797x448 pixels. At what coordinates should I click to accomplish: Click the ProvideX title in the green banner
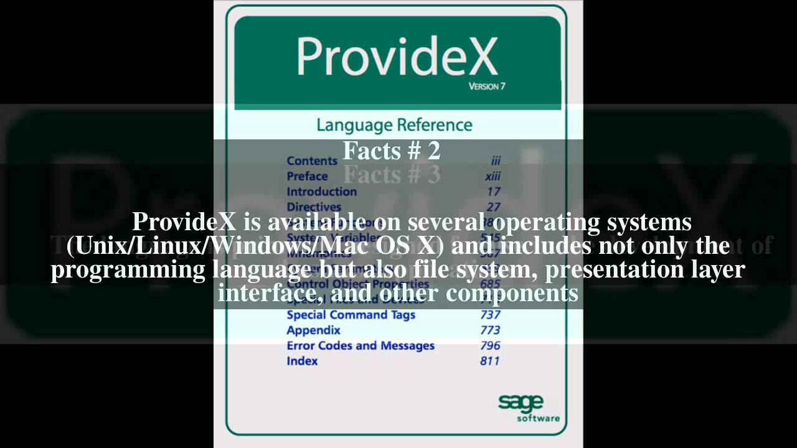click(x=397, y=57)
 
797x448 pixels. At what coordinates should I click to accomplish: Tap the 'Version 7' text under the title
click(x=486, y=86)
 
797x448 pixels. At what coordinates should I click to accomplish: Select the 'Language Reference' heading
click(x=394, y=124)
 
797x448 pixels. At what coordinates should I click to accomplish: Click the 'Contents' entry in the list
click(x=311, y=161)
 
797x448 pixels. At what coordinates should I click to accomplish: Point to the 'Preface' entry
click(x=307, y=176)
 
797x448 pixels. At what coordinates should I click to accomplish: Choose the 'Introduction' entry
click(x=321, y=192)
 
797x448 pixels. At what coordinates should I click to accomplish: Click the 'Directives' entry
click(x=314, y=207)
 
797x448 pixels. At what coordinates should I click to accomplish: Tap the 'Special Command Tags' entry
click(x=351, y=315)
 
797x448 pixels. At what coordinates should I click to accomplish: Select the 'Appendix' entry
click(x=313, y=330)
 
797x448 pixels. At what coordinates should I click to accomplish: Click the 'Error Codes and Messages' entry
click(x=360, y=346)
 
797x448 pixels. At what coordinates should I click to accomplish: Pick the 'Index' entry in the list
click(x=302, y=361)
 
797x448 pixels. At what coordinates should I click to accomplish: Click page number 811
click(x=489, y=361)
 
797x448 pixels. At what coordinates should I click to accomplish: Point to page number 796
click(x=489, y=346)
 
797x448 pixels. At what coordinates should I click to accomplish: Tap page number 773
click(x=489, y=330)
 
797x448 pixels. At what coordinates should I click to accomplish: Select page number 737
click(x=489, y=315)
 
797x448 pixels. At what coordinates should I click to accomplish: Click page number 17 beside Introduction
click(x=493, y=192)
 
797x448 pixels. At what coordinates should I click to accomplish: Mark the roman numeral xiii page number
click(x=493, y=176)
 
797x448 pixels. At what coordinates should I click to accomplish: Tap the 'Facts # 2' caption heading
click(x=392, y=151)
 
